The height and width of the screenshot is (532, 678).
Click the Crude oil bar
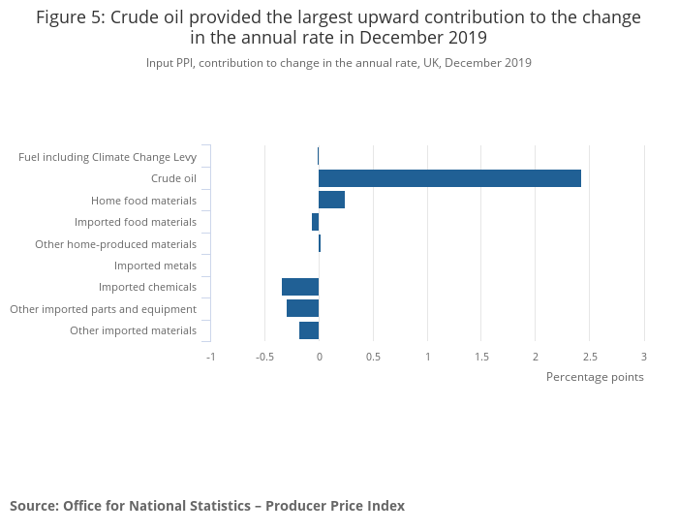tap(449, 178)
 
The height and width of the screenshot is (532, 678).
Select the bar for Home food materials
tap(331, 200)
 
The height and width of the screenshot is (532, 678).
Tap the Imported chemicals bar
tap(300, 287)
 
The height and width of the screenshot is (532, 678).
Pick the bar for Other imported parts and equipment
tap(302, 308)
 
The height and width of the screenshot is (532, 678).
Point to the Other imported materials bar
tap(309, 330)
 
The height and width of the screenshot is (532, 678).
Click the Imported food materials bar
tap(315, 222)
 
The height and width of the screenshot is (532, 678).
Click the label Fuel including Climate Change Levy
tap(108, 157)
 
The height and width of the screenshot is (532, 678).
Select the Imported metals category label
tap(155, 266)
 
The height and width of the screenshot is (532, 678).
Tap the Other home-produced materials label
tap(115, 244)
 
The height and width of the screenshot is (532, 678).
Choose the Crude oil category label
tap(173, 178)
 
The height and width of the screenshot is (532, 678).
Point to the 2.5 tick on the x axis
tap(590, 357)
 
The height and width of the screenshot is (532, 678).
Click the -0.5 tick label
tap(264, 357)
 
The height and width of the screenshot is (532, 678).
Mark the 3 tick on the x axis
tap(644, 357)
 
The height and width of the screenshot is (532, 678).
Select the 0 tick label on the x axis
tap(319, 357)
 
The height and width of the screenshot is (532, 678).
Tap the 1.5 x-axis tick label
tap(481, 357)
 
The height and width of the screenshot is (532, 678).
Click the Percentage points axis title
tap(595, 377)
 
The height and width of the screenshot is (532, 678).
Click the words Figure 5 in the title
tap(73, 18)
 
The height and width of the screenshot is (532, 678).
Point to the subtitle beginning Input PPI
tap(339, 63)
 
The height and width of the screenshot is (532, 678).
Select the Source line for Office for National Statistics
tap(207, 506)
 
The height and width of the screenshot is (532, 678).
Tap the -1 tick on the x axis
tap(210, 357)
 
